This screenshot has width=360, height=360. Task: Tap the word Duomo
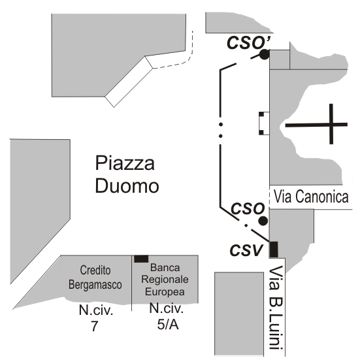[x=127, y=186]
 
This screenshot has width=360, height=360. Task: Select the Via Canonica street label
[x=311, y=197]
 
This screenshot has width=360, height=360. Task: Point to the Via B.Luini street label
[x=276, y=311]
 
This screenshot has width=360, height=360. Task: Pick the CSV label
[x=246, y=250]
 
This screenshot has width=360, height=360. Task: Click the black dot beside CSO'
[x=264, y=54]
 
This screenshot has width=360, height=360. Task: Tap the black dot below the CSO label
[x=263, y=221]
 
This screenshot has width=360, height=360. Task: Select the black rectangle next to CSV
[x=274, y=250]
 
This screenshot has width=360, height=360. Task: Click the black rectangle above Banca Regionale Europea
[x=141, y=259]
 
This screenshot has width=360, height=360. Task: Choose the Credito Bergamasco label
[x=95, y=277]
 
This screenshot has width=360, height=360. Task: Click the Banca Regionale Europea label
[x=165, y=280]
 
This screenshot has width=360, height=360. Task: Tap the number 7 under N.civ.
[x=95, y=326]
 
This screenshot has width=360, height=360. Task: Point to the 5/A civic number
[x=168, y=325]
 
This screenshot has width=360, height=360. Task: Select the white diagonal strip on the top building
[x=129, y=82]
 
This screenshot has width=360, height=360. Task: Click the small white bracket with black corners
[x=264, y=123]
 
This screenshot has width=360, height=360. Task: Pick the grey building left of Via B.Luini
[x=239, y=314]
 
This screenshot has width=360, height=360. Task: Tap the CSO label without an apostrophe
[x=248, y=208]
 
